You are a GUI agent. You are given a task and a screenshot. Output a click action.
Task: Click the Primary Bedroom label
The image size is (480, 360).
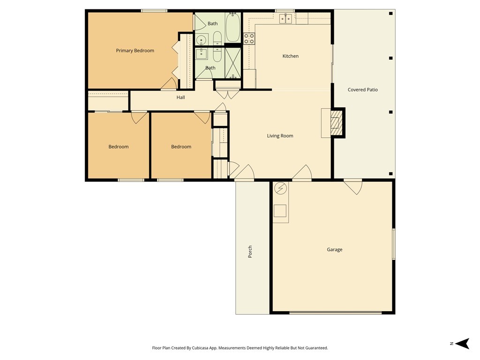pyautogui.click(x=135, y=51)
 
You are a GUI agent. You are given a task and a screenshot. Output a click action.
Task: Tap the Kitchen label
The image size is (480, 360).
pyautogui.click(x=290, y=56)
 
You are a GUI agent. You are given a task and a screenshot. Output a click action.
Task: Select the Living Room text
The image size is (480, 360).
pyautogui.click(x=280, y=136)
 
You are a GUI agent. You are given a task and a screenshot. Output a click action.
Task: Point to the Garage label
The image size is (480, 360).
pyautogui.click(x=334, y=250)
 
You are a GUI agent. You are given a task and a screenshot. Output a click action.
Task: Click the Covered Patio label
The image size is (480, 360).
pyautogui.click(x=362, y=90)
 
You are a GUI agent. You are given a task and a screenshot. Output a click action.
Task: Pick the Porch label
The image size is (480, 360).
pyautogui.click(x=250, y=252)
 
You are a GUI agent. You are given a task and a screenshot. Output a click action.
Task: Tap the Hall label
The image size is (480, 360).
pyautogui.click(x=180, y=97)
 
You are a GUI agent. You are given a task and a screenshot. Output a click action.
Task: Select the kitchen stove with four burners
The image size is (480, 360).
pyautogui.click(x=248, y=38)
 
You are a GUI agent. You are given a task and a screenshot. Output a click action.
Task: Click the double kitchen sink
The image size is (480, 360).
pyautogui.click(x=285, y=19)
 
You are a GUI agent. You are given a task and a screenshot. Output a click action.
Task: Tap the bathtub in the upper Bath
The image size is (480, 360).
pyautogui.click(x=232, y=28)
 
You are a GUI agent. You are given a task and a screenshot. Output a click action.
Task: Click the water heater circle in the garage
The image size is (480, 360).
pyautogui.click(x=280, y=188)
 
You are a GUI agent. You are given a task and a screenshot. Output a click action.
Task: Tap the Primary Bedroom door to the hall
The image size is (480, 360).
pyautogui.click(x=169, y=84)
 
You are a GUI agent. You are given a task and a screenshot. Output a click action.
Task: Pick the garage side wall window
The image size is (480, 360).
pyautogui.click(x=393, y=244)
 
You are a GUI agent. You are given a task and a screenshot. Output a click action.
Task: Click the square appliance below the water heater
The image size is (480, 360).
pyautogui.click(x=280, y=211)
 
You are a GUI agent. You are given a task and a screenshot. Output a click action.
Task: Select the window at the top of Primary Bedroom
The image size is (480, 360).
pyautogui.click(x=154, y=11)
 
